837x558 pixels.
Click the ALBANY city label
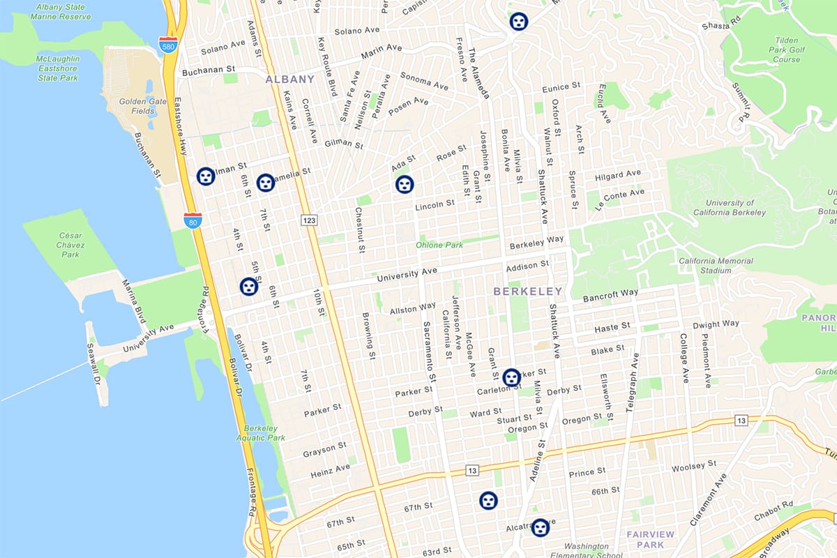289,79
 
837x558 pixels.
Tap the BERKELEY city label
527,291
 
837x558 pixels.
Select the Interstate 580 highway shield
167,45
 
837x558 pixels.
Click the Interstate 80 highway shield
193,221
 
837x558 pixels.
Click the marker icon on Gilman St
206,176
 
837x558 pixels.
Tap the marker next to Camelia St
266,183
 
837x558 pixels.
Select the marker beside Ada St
405,184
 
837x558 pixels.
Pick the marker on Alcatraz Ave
541,527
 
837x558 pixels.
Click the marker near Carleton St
511,377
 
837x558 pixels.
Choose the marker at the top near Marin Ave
518,22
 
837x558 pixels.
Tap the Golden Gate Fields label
143,106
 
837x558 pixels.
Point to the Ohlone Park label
439,245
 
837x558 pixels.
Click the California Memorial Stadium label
716,266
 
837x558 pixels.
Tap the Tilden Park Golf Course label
787,50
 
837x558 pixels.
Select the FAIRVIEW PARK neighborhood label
650,539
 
